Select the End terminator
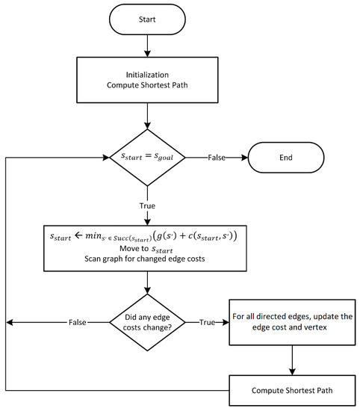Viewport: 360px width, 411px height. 287,158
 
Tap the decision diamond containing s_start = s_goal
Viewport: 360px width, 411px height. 149,158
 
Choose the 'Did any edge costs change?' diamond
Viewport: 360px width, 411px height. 149,323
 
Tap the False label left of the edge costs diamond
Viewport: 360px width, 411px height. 77,323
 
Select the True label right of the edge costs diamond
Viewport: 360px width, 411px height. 206,323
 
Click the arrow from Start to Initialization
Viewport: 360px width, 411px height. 149,46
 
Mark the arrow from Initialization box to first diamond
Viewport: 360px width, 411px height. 149,117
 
